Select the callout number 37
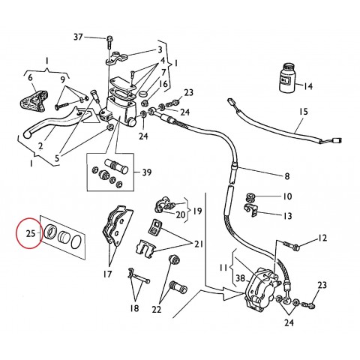pos(78,37)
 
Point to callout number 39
pos(148,172)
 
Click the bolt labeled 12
pos(292,244)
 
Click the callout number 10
pos(287,197)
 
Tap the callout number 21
pos(199,245)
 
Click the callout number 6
pos(30,77)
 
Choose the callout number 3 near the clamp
pos(160,49)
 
